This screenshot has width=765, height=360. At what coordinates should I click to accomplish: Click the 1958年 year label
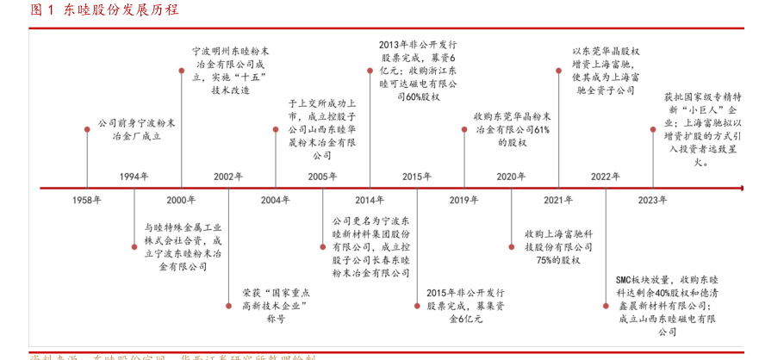(x=87, y=200)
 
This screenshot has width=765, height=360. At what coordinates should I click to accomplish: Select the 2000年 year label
(x=181, y=200)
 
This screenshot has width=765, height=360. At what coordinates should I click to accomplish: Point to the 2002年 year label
(x=228, y=177)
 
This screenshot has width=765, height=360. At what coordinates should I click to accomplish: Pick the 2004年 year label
(x=276, y=200)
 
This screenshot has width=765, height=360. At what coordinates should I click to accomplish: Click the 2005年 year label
(x=322, y=177)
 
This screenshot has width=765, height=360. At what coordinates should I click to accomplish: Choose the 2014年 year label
(x=370, y=200)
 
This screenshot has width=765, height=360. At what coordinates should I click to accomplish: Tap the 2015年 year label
(x=416, y=177)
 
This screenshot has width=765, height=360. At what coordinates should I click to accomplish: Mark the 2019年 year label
(x=463, y=200)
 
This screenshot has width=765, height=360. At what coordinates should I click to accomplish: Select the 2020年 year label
(x=511, y=177)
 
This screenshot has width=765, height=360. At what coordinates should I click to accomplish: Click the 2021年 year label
(x=558, y=200)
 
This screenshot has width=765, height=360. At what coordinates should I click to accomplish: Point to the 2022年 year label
(x=605, y=177)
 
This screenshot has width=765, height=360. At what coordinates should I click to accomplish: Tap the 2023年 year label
(x=652, y=200)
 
